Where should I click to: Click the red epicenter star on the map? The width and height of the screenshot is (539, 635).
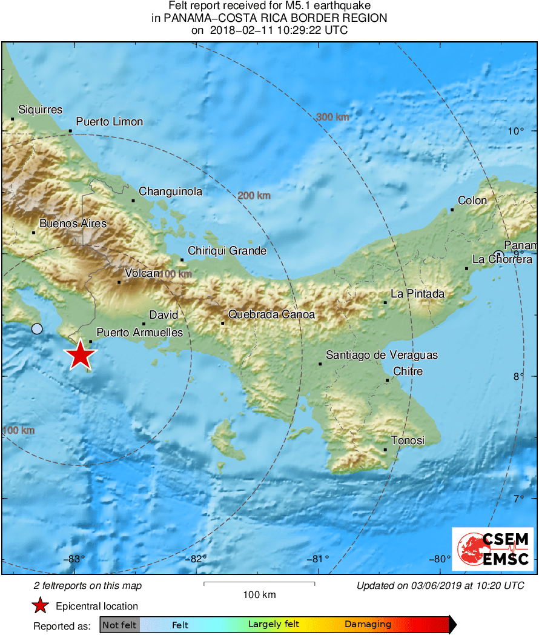[80, 355]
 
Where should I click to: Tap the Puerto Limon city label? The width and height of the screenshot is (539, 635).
[110, 122]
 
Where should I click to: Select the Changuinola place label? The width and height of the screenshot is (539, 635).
[170, 191]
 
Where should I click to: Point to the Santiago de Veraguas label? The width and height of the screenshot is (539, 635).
[382, 355]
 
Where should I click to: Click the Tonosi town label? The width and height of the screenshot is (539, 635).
[408, 441]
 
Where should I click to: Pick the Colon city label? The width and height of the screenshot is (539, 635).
[472, 201]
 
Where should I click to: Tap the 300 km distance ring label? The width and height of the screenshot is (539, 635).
[332, 117]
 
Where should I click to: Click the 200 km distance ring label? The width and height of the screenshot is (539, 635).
[254, 196]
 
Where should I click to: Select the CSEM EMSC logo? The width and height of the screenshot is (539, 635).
[492, 548]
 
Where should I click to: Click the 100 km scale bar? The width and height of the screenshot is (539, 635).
[259, 583]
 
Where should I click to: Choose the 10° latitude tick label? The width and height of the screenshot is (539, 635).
[516, 131]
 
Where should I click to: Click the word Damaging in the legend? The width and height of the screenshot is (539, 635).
[368, 624]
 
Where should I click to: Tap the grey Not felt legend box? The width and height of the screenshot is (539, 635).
[120, 625]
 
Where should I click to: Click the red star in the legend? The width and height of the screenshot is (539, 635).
[41, 605]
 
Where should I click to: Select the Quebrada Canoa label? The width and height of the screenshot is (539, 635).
[271, 314]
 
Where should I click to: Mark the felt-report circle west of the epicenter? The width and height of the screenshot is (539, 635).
[37, 329]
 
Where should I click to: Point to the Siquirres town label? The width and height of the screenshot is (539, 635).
[41, 110]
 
